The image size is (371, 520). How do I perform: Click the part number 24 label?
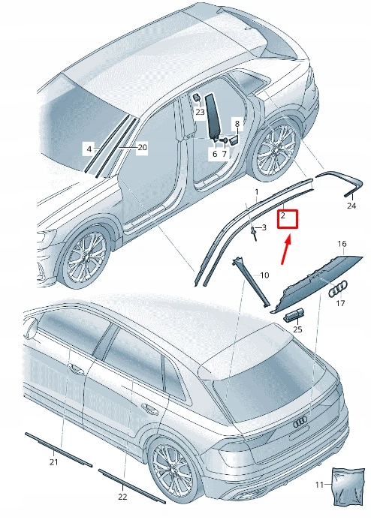click(x=351, y=205)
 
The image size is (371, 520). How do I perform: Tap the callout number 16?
click(x=342, y=245)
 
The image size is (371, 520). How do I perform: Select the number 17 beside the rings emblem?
click(x=339, y=304)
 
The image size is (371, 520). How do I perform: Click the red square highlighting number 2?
click(x=288, y=219)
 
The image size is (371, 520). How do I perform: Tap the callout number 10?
click(x=264, y=276)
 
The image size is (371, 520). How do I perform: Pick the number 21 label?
click(x=53, y=462)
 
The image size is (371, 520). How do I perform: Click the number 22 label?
click(x=122, y=497)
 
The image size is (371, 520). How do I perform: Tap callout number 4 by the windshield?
click(x=88, y=149)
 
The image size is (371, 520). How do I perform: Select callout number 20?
click(x=142, y=148)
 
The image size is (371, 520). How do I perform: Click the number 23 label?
click(x=200, y=112)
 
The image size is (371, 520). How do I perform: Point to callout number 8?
click(x=237, y=123)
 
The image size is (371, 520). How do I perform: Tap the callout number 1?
click(x=255, y=193)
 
